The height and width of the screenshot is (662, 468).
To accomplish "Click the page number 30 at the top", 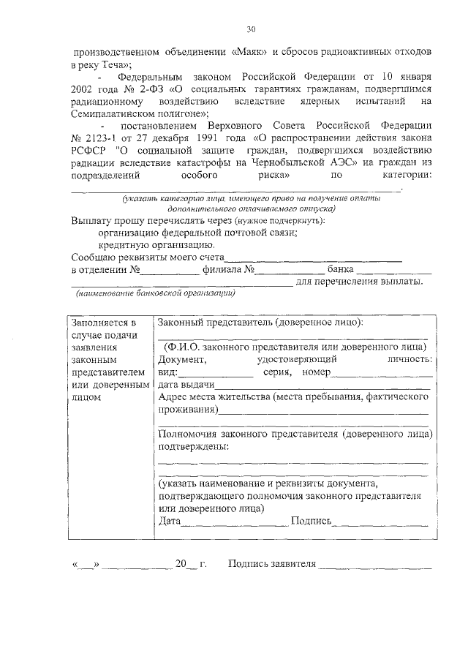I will (251, 29).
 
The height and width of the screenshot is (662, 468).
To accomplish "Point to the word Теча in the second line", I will (118, 65).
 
